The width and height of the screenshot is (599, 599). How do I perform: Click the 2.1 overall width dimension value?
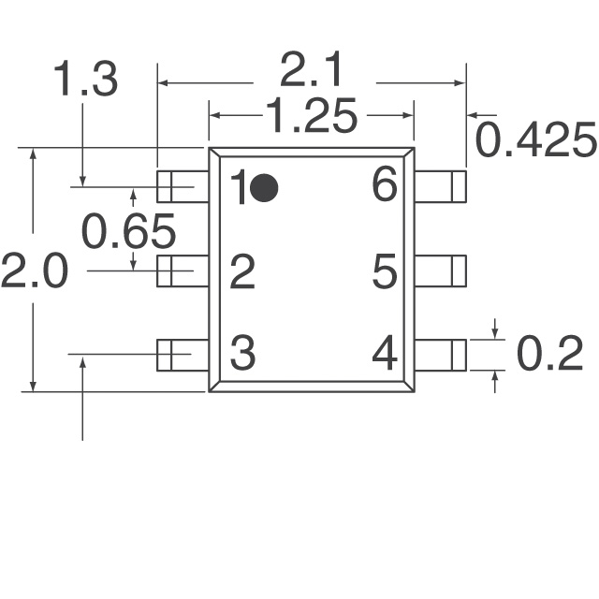[310, 70]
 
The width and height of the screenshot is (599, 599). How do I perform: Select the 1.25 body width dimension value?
[312, 115]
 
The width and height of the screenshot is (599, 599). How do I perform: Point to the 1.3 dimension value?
[85, 79]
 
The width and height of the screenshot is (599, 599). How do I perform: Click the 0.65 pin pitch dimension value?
[129, 231]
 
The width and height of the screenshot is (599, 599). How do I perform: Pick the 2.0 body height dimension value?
[35, 270]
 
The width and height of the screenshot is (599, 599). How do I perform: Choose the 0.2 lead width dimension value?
[549, 354]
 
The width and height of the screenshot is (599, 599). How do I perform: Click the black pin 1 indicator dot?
[264, 188]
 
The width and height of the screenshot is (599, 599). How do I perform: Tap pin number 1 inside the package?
[240, 187]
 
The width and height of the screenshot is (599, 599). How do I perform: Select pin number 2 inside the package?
[242, 271]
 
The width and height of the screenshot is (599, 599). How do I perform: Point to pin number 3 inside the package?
[242, 353]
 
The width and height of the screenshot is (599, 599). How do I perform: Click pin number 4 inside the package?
[385, 353]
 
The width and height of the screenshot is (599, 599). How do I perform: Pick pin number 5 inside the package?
[385, 271]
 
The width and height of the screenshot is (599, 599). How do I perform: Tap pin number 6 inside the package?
[385, 184]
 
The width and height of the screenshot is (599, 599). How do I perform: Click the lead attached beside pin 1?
[183, 187]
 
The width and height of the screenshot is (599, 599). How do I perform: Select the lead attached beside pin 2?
[183, 270]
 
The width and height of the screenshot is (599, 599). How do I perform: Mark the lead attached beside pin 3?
[183, 355]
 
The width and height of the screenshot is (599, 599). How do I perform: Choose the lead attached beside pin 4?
[441, 355]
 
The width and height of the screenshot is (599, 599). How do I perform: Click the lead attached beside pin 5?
[441, 270]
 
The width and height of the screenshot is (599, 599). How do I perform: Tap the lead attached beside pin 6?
[441, 187]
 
